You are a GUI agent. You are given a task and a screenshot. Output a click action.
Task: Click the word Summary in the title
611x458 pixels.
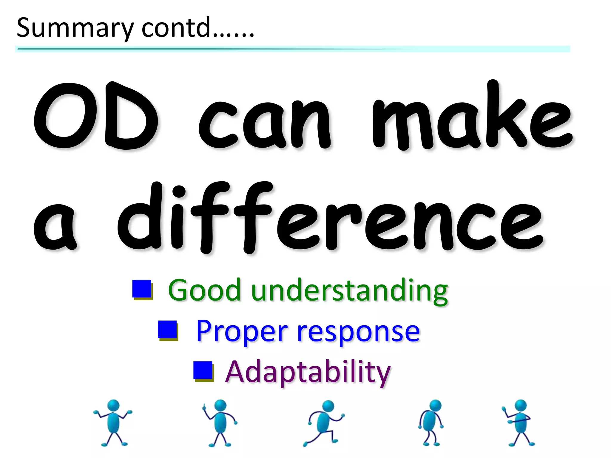(x=75, y=28)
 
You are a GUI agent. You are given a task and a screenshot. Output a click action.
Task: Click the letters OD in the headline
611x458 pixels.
(x=95, y=116)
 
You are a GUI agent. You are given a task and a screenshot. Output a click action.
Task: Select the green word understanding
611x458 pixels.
(x=349, y=291)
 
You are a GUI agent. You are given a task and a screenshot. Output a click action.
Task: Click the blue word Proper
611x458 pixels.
(x=242, y=331)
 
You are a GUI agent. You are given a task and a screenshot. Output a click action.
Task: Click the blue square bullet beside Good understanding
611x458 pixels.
(x=142, y=289)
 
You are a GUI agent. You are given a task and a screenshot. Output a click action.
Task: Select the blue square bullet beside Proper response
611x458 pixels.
(x=167, y=330)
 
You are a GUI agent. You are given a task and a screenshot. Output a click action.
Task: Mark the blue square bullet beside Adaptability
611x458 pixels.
(x=203, y=370)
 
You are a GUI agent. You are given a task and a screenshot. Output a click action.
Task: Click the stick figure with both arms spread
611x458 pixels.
(x=113, y=422)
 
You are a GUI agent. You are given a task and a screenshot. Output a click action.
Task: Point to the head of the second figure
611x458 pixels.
(x=220, y=405)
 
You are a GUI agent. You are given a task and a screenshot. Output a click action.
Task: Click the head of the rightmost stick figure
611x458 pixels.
(x=521, y=405)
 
